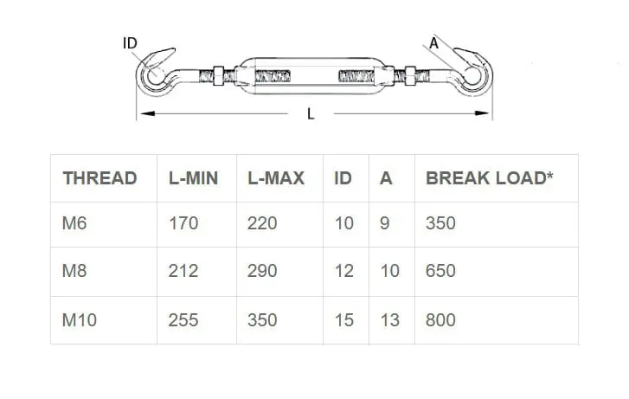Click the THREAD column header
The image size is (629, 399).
[99, 178]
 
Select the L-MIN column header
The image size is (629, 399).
[193, 178]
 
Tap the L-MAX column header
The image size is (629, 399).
[276, 178]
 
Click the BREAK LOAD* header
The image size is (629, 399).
[490, 178]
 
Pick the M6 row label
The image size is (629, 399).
[74, 223]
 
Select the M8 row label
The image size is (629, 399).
[74, 271]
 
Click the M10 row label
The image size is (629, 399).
[80, 320]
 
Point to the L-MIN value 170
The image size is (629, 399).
[183, 223]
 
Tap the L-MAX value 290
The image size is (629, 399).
[262, 271]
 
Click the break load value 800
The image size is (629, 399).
[440, 320]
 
